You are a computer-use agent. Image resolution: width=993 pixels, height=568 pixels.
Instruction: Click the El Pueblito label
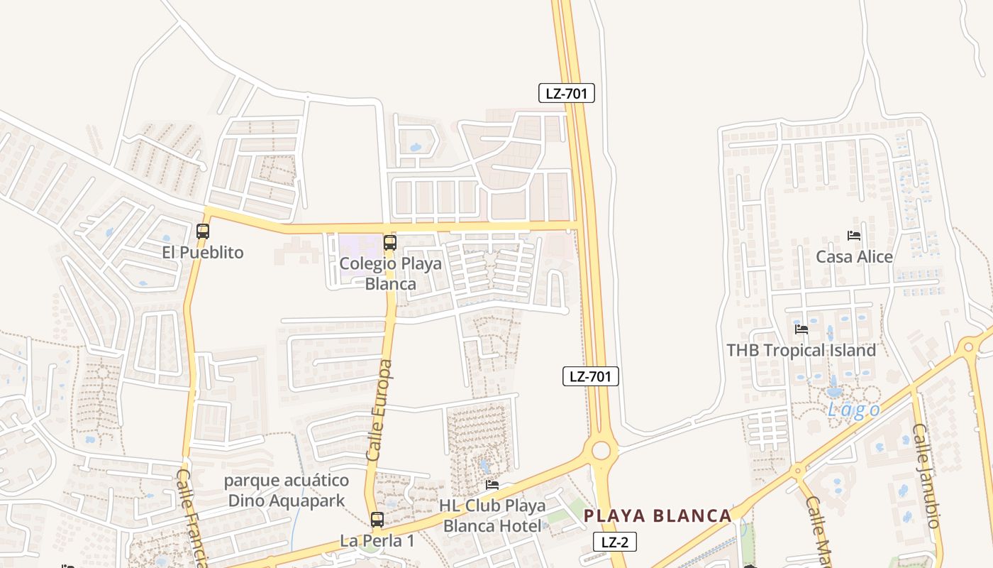click(203, 253)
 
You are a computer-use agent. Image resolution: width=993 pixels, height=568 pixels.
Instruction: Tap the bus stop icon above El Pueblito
click(203, 231)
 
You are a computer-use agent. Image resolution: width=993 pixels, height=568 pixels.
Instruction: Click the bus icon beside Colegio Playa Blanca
click(389, 243)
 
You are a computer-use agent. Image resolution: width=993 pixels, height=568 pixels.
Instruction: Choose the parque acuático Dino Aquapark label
click(287, 491)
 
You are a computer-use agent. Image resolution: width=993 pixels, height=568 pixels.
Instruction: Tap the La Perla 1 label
click(377, 541)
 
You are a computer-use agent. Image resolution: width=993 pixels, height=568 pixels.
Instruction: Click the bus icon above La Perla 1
click(377, 519)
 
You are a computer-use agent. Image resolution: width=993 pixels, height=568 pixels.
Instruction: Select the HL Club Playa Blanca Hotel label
click(492, 515)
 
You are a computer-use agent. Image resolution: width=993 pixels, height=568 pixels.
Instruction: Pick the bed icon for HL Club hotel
click(492, 485)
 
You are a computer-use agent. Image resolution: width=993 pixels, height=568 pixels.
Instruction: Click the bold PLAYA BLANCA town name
click(657, 515)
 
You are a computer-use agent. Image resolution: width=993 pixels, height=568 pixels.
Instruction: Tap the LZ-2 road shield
click(614, 542)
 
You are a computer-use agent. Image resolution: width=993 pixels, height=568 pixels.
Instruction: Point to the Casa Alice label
click(854, 257)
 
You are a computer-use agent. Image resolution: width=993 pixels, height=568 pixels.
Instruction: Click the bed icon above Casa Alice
click(854, 235)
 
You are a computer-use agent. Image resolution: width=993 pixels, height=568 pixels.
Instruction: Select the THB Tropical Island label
click(801, 350)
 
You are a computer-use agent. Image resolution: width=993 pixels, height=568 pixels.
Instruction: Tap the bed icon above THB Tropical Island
click(801, 329)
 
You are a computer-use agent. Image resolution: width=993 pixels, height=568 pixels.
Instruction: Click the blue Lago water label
click(854, 410)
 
